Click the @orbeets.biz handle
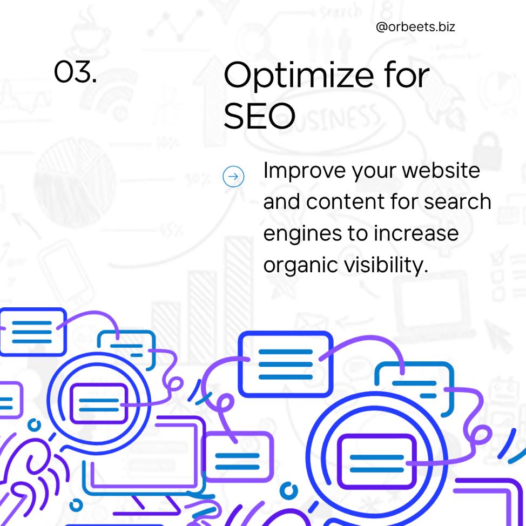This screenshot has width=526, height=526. pos(415,27)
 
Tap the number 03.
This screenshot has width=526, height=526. pos(75,71)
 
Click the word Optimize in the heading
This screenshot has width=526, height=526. pos(299,77)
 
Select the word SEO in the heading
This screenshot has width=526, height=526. pos(259,116)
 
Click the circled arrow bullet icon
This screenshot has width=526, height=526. pos(233,177)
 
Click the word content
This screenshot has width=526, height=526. pos(346,201)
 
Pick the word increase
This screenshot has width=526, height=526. pos(416,233)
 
